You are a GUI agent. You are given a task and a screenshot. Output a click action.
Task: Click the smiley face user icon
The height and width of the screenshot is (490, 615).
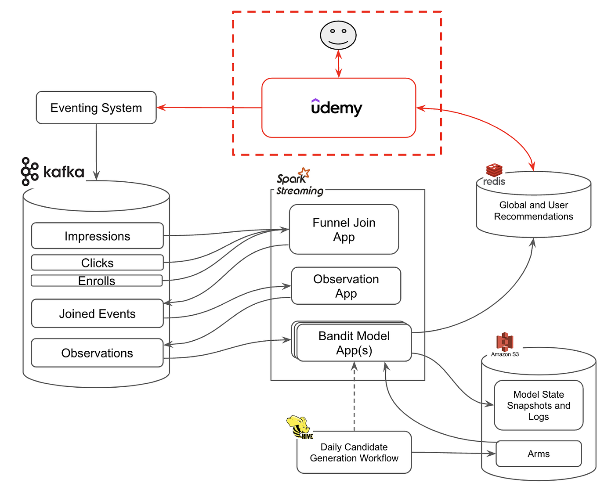click(x=338, y=35)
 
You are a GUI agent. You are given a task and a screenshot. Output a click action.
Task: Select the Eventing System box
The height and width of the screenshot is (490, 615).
click(x=96, y=108)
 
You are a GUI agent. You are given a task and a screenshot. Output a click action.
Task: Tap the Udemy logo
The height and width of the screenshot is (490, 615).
click(x=336, y=107)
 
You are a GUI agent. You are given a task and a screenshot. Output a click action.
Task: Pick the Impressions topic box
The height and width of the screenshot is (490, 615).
click(x=97, y=236)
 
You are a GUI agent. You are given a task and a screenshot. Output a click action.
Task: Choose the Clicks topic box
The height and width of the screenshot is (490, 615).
click(x=97, y=263)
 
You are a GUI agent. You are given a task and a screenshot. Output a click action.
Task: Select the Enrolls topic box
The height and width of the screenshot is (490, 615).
click(x=97, y=281)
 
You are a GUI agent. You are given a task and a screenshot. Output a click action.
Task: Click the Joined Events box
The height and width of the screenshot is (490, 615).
click(x=97, y=313)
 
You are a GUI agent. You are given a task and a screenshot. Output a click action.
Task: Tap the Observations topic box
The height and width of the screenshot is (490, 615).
click(x=97, y=353)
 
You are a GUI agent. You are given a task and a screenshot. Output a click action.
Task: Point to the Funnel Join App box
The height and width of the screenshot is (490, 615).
click(x=344, y=229)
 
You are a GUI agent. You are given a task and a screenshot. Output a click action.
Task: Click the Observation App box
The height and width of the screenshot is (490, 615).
click(x=346, y=286)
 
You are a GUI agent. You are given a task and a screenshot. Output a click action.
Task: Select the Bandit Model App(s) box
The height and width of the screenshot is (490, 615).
click(x=354, y=343)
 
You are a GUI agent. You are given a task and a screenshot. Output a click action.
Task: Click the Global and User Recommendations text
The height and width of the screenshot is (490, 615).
click(x=533, y=211)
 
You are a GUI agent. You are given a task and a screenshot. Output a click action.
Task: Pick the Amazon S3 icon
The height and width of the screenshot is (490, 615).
click(x=505, y=342)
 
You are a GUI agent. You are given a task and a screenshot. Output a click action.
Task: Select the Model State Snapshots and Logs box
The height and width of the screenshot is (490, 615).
click(x=539, y=405)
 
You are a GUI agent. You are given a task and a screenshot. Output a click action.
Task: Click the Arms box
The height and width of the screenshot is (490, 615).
click(x=539, y=454)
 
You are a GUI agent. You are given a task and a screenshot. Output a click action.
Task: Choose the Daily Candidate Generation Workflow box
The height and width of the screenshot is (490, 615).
click(x=354, y=452)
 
